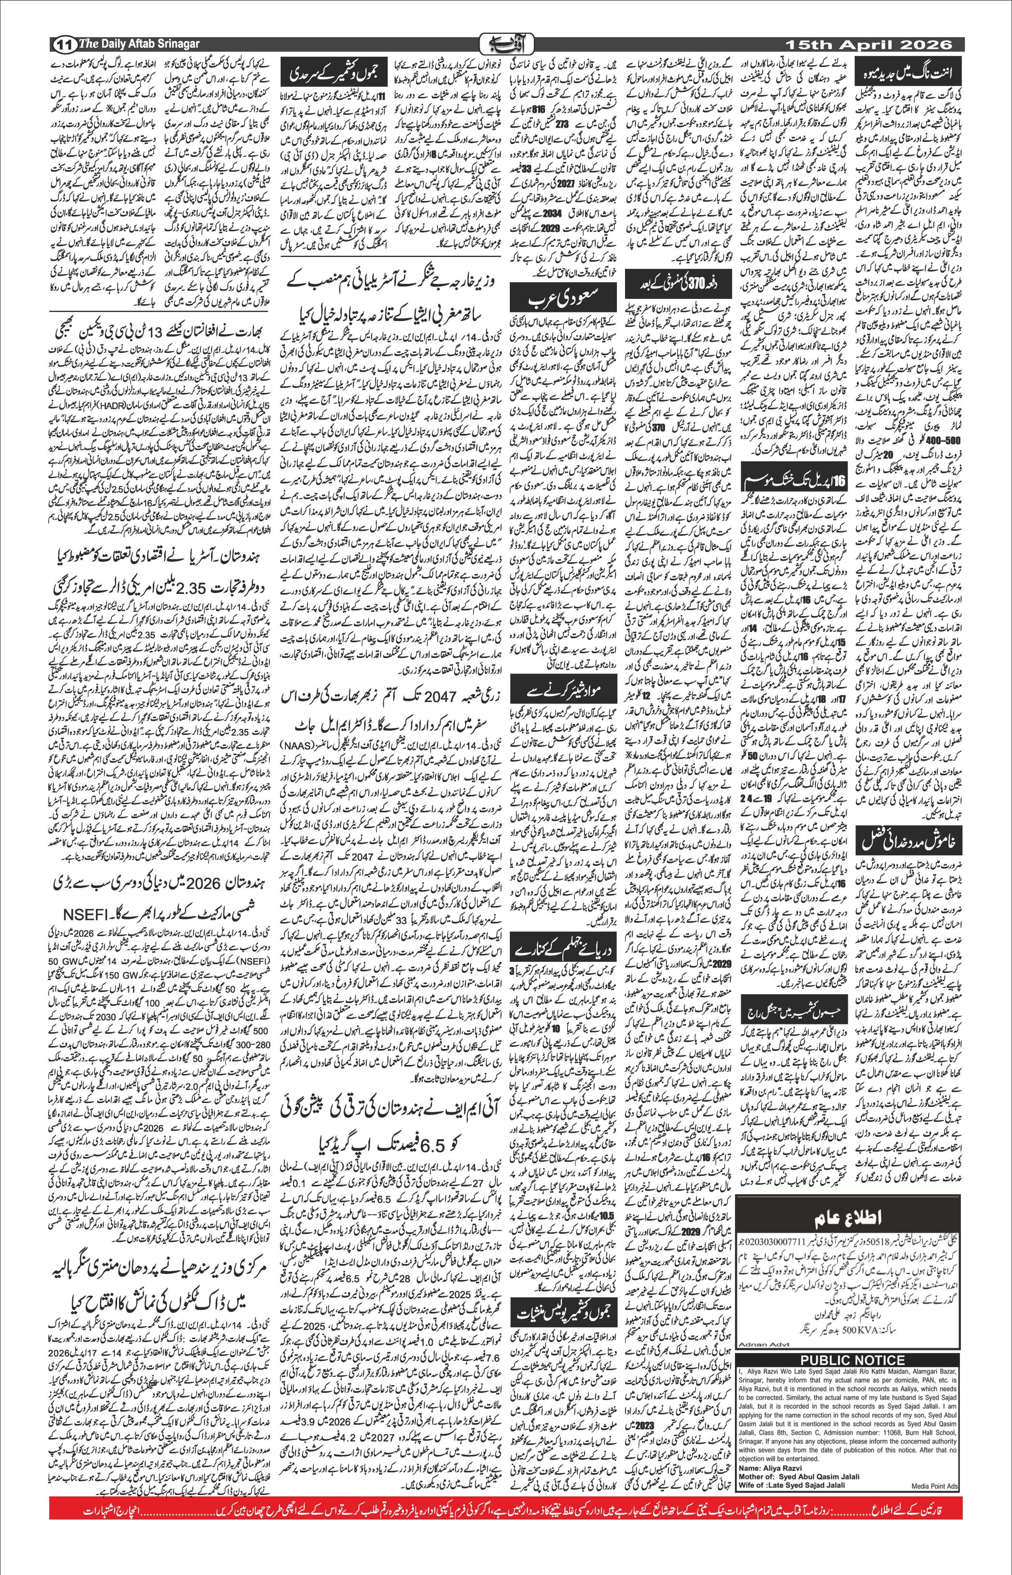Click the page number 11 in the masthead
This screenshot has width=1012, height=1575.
(63, 45)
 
